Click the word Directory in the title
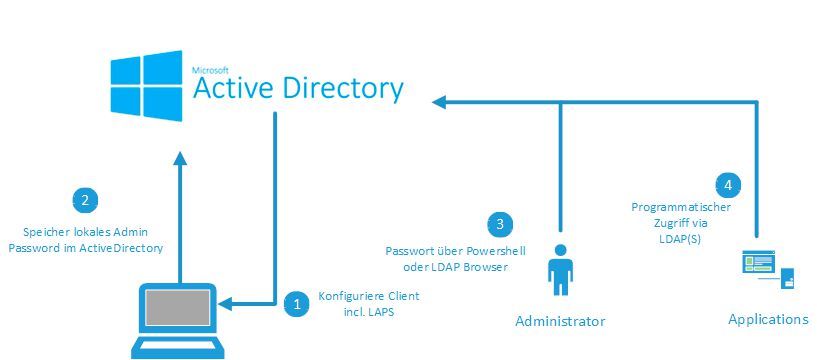coord(338,88)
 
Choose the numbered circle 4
coord(728,184)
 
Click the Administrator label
coord(560,321)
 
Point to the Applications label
coord(767,319)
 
